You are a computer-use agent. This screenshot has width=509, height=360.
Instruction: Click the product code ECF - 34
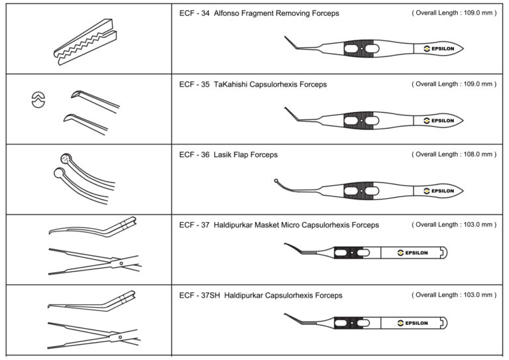pos(194,13)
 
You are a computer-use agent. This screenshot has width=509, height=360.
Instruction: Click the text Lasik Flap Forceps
pos(245,155)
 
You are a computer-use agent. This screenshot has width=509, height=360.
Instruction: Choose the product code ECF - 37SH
pos(199,296)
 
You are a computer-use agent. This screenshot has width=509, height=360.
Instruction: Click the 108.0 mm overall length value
pos(478,154)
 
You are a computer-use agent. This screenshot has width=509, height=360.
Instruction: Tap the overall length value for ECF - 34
pos(478,13)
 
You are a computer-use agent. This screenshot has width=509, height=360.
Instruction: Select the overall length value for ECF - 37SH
pos(478,295)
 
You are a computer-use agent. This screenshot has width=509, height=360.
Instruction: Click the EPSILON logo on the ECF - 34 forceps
pos(439,48)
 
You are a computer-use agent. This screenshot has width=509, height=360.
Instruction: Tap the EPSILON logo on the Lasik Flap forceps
pos(439,191)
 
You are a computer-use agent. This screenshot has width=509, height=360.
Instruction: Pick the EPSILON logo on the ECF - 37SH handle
pos(413,323)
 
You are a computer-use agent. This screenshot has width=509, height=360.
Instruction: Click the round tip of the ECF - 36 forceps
pos(276,181)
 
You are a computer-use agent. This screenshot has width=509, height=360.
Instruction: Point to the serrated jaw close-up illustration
pos(85,42)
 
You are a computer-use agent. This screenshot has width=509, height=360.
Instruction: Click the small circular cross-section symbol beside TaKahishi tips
pos(38,99)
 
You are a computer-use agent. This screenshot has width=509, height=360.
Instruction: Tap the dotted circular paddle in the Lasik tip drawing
pos(66,158)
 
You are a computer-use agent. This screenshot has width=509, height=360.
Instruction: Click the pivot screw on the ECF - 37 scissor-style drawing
pos(121,263)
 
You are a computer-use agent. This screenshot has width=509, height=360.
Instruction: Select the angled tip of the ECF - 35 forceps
pos(291,114)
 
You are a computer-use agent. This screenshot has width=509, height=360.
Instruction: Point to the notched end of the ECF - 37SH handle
pos(443,323)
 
